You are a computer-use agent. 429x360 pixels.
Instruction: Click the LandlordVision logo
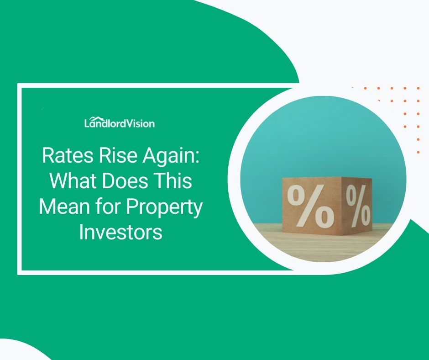[120, 123]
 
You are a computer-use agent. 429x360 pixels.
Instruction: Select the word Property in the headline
[164, 208]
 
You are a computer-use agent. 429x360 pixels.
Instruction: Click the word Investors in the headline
[120, 232]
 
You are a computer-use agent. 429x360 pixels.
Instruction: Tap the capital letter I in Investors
[82, 232]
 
